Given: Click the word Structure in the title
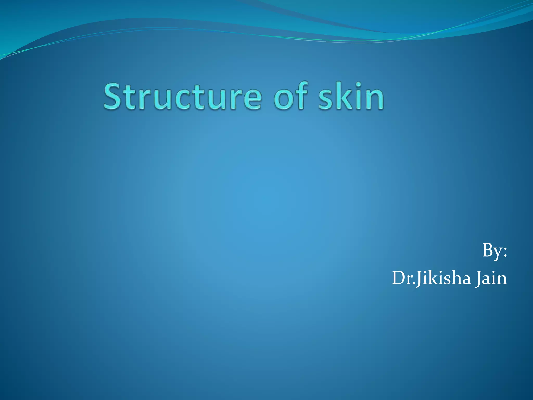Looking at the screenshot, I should (182, 96).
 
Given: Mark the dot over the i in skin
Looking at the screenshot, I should (358, 84).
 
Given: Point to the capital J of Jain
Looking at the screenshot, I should (478, 279).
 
